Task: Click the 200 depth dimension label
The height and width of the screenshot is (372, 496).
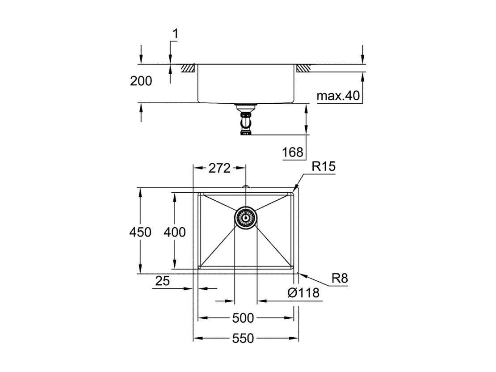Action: coord(141,81)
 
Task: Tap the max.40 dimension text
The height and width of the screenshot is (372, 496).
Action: coord(338,96)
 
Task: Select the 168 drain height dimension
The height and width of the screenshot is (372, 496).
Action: coord(293,152)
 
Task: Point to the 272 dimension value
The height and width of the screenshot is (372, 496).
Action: coord(219,168)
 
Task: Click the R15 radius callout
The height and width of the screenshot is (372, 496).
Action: coord(324,167)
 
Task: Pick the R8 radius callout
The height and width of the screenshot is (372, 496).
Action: coord(340,279)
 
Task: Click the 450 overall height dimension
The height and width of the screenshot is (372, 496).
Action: coord(140,232)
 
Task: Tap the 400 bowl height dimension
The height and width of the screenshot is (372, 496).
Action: coord(175,232)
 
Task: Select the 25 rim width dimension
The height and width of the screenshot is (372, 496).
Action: coord(163,281)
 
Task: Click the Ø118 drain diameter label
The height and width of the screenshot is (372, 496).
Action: coord(303,293)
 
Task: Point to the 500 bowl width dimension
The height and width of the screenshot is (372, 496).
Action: coord(243,318)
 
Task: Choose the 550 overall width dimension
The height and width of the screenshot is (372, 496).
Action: coord(243,338)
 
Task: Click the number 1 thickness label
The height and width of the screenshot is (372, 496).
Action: coord(175,34)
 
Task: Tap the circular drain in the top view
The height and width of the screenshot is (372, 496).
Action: coord(245,218)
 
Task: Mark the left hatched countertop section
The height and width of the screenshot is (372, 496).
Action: coord(188,68)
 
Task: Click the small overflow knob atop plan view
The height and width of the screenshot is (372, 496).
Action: coord(245,187)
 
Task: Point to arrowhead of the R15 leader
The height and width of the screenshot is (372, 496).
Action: coord(294,190)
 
